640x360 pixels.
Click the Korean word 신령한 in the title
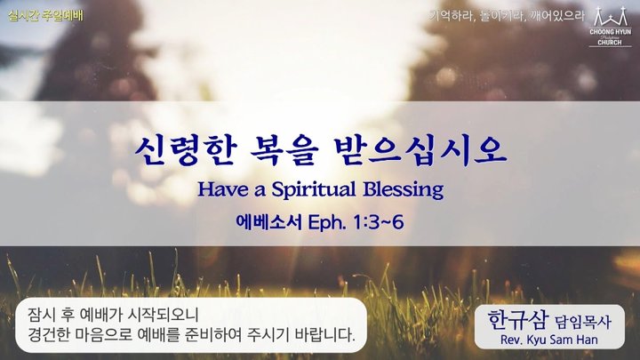pyautogui.click(x=186, y=151)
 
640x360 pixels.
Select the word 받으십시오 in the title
pyautogui.click(x=420, y=151)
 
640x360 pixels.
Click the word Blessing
pyautogui.click(x=404, y=190)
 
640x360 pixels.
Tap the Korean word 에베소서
pyautogui.click(x=268, y=222)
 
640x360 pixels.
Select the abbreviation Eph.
pyautogui.click(x=327, y=223)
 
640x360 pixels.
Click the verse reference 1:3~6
pyautogui.click(x=379, y=222)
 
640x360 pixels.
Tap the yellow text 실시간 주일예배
pyautogui.click(x=45, y=16)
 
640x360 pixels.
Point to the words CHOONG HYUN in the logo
pyautogui.click(x=610, y=31)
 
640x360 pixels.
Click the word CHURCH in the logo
pyautogui.click(x=610, y=43)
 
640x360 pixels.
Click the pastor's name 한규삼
pyautogui.click(x=516, y=320)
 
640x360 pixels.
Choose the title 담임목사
pyautogui.click(x=583, y=323)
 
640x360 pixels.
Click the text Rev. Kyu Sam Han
pyautogui.click(x=549, y=340)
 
